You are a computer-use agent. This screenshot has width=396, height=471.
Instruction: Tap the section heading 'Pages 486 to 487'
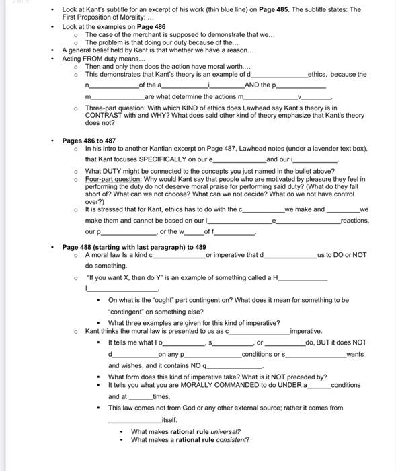[89, 141]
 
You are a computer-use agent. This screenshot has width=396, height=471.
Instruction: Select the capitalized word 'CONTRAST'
[106, 116]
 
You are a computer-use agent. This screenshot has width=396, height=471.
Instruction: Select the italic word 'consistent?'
[229, 440]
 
